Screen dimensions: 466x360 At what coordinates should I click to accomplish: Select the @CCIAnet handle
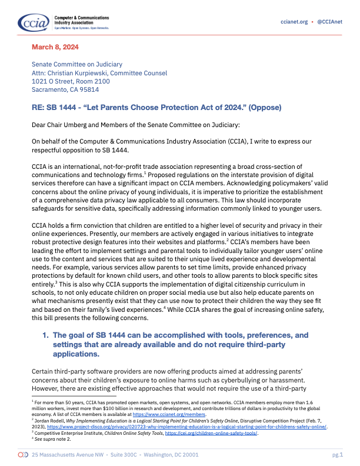click(x=331, y=22)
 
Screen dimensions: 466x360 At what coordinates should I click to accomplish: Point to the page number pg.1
click(x=337, y=455)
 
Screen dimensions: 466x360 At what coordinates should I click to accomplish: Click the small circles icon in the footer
click(x=23, y=455)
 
